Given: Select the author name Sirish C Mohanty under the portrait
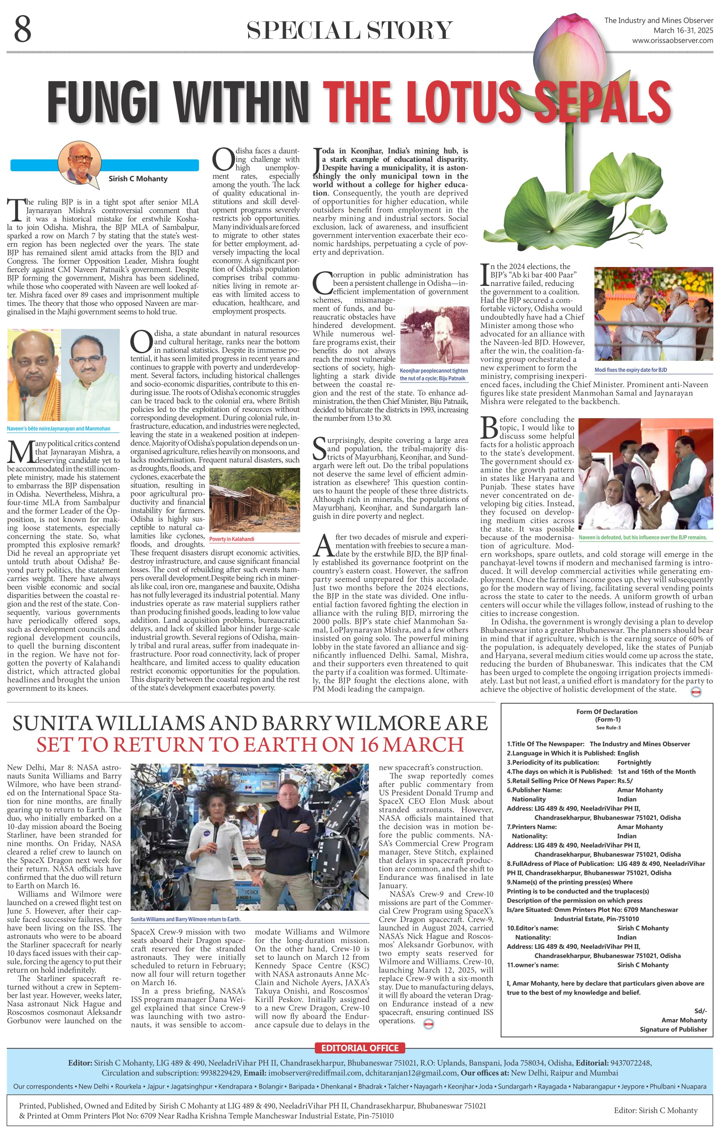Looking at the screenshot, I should pos(138,179).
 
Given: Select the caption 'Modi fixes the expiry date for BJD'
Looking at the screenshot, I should pos(630,370).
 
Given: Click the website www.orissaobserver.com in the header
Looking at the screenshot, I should pos(672,41).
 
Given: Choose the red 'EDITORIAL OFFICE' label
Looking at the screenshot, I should pos(360,1048).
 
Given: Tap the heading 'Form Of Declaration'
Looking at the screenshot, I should pos(607,712).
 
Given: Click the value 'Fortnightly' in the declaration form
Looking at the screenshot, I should pos(634,762).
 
